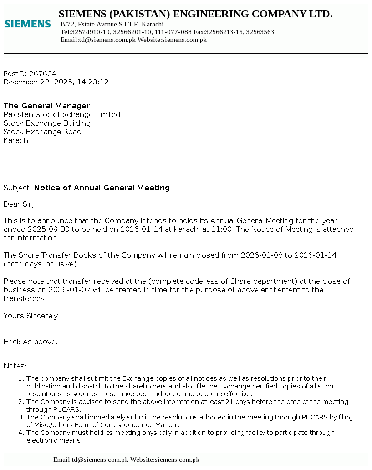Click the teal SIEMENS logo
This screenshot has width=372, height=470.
tap(27, 24)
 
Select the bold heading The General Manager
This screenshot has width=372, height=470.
tap(47, 106)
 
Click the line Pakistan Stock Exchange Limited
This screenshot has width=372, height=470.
tap(62, 115)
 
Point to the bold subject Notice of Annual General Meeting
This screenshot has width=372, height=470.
tap(102, 188)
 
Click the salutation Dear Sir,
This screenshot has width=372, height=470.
tap(19, 204)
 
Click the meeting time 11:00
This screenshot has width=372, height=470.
tap(222, 229)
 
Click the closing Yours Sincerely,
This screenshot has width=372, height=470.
tap(31, 316)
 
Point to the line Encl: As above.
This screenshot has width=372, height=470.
tap(31, 342)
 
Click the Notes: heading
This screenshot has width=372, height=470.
tap(15, 366)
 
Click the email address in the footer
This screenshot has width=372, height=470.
tap(91, 460)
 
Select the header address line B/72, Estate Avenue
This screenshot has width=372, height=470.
tap(112, 24)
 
